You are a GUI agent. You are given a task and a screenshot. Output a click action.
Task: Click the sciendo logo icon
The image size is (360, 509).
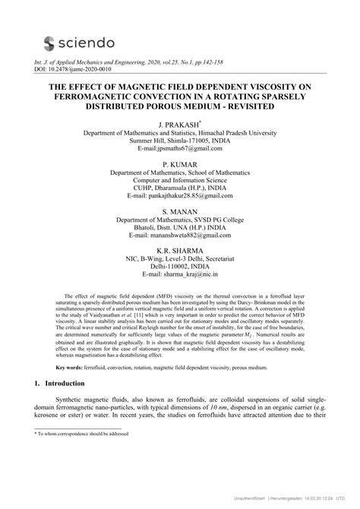52,43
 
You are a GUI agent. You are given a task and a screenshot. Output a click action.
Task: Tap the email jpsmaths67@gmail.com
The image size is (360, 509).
179,150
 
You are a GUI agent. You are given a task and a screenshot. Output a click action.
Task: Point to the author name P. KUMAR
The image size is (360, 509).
179,164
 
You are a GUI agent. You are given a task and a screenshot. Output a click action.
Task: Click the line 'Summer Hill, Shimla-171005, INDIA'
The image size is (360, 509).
179,141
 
